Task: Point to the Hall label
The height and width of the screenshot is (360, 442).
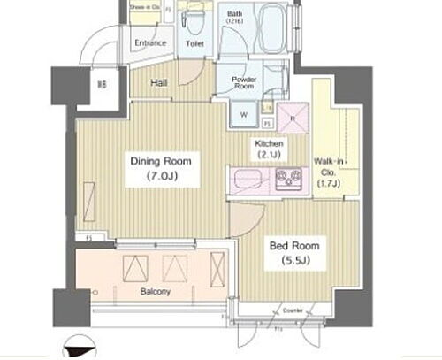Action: pyautogui.click(x=159, y=82)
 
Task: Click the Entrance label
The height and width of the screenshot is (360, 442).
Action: pyautogui.click(x=151, y=42)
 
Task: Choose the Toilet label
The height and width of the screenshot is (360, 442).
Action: pyautogui.click(x=195, y=42)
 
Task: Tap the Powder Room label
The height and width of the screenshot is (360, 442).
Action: pyautogui.click(x=244, y=82)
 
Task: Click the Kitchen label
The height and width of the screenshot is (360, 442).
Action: pyautogui.click(x=269, y=143)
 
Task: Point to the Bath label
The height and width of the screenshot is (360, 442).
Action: pyautogui.click(x=234, y=14)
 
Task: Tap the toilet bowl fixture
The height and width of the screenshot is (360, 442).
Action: pyautogui.click(x=194, y=19)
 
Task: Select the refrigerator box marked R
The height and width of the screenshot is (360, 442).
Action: pyautogui.click(x=289, y=116)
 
